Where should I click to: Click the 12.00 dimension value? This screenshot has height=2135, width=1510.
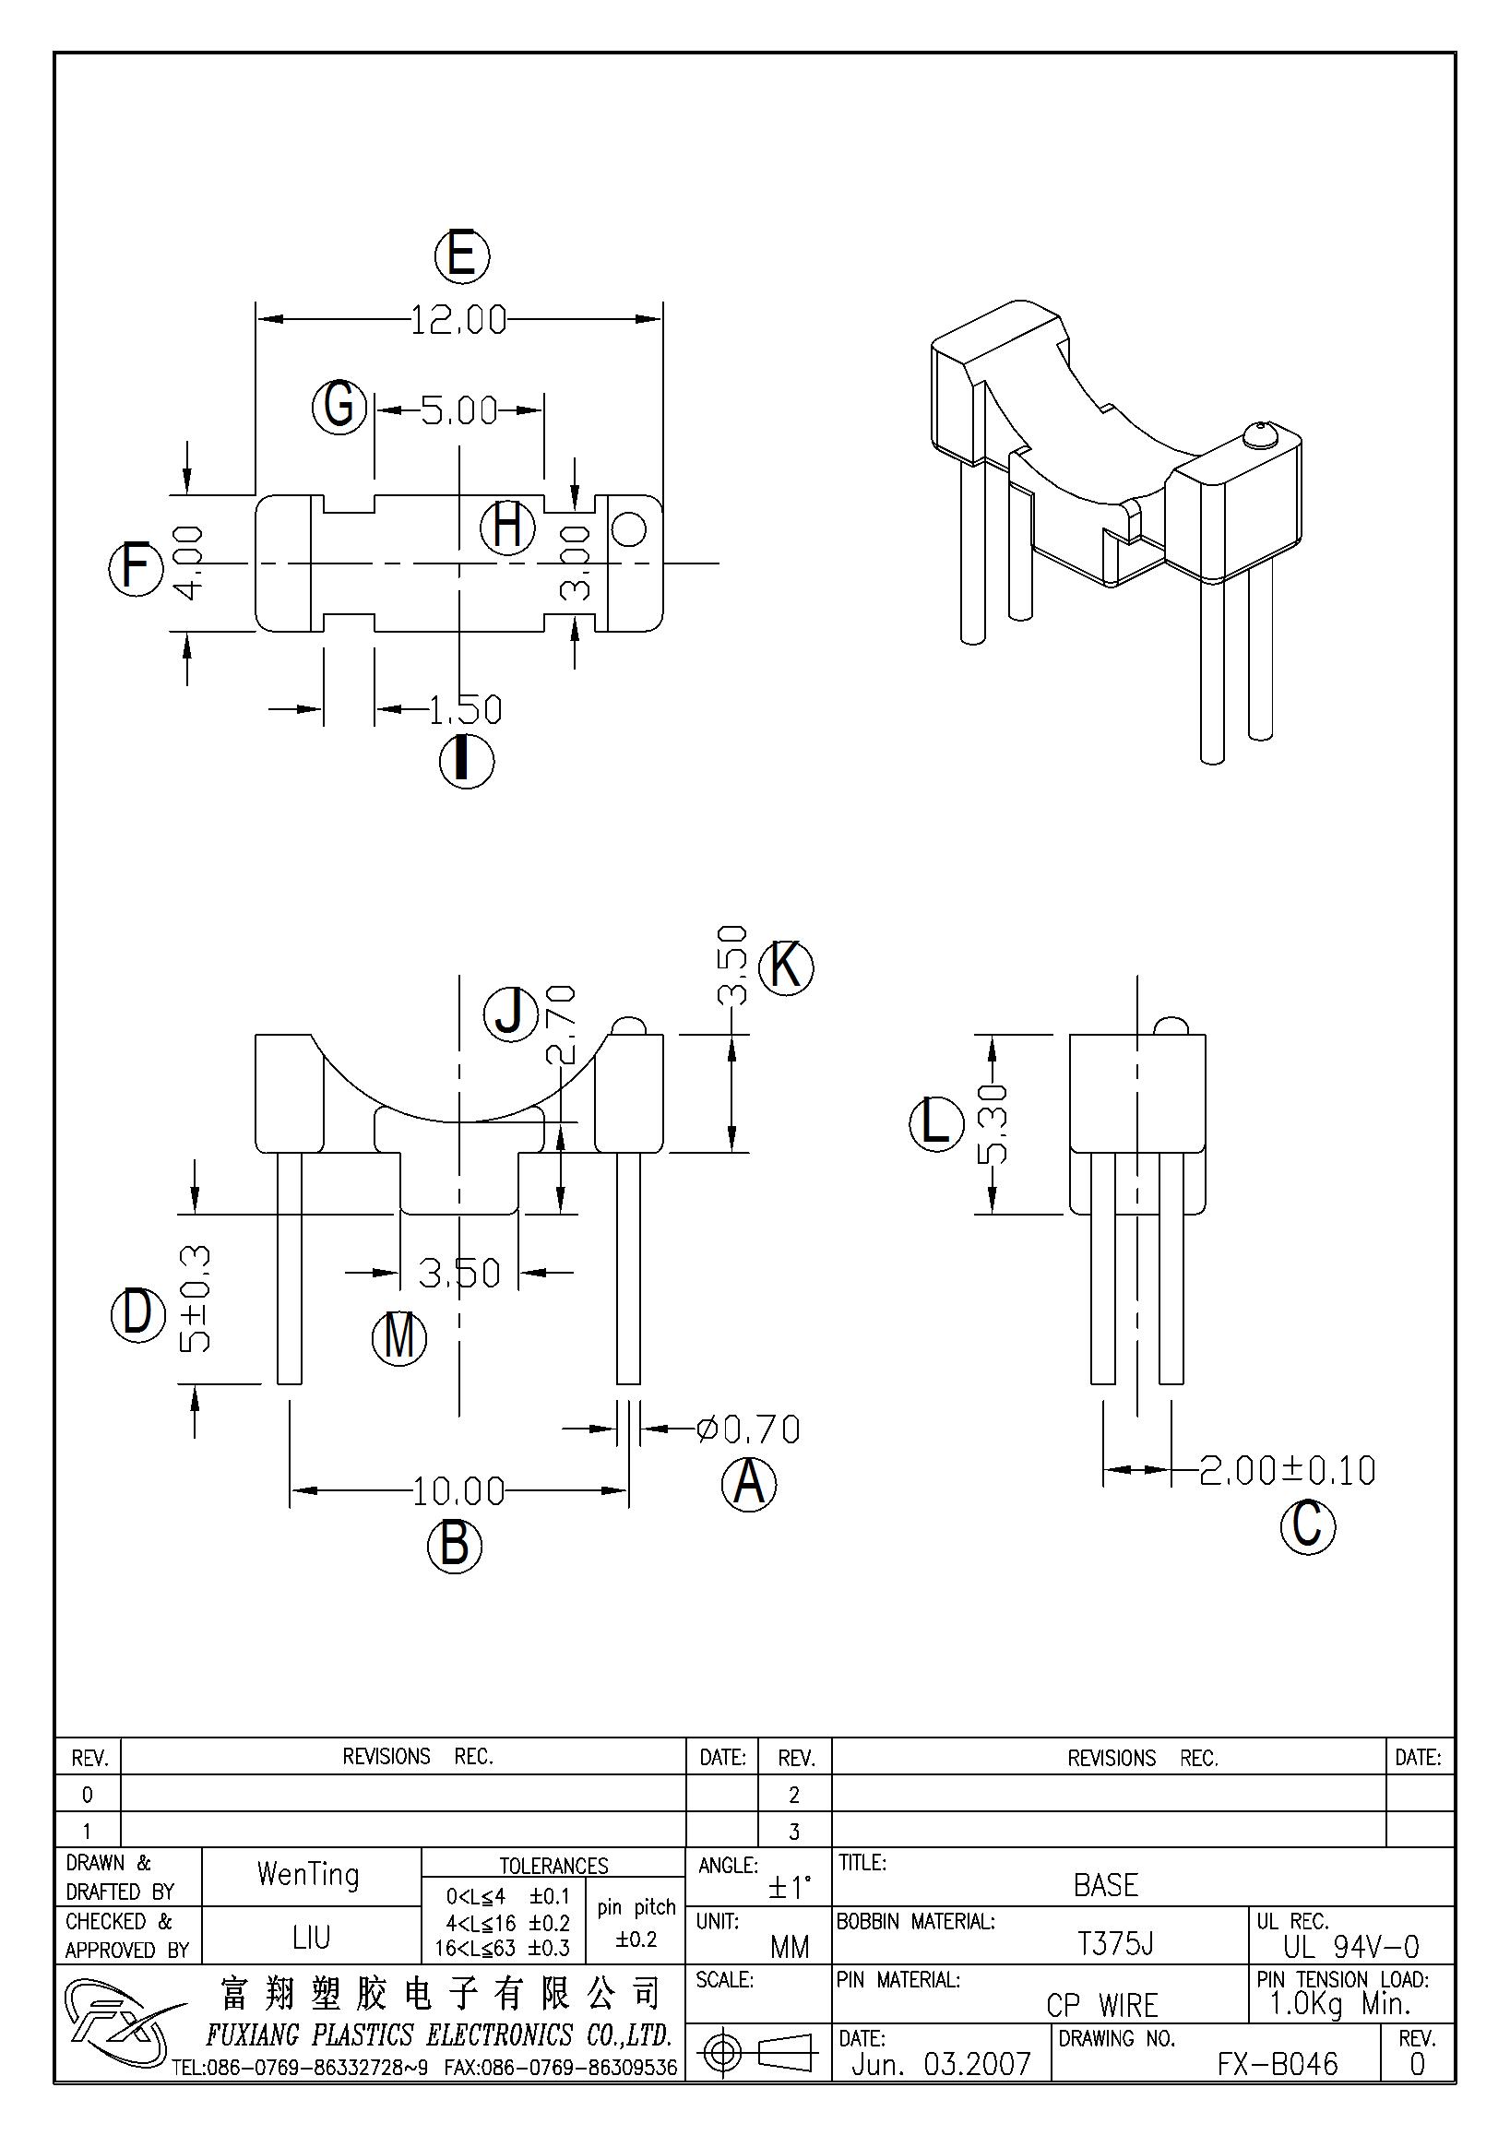pos(458,320)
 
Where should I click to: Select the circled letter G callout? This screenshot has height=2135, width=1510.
pos(339,408)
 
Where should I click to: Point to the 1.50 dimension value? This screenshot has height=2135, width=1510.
pos(465,710)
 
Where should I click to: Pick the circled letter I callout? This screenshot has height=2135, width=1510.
pos(467,762)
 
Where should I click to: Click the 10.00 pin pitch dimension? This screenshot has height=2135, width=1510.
pos(458,1491)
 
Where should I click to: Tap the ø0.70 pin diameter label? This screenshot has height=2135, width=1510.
pos(747,1429)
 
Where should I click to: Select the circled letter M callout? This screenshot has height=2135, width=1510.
pos(398,1339)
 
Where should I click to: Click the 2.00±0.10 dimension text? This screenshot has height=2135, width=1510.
pos(1287,1470)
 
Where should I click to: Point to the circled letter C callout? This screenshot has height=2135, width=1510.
pos(1307,1527)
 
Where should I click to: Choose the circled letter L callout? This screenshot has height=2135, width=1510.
pos(935,1123)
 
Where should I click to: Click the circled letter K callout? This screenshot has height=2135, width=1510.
pos(787,968)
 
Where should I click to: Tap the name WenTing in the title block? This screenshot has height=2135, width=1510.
pos(309,1875)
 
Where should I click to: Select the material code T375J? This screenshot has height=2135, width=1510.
pos(1115,1943)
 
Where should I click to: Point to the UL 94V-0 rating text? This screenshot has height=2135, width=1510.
pos(1351,1946)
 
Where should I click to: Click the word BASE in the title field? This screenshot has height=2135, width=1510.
pos(1106,1885)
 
